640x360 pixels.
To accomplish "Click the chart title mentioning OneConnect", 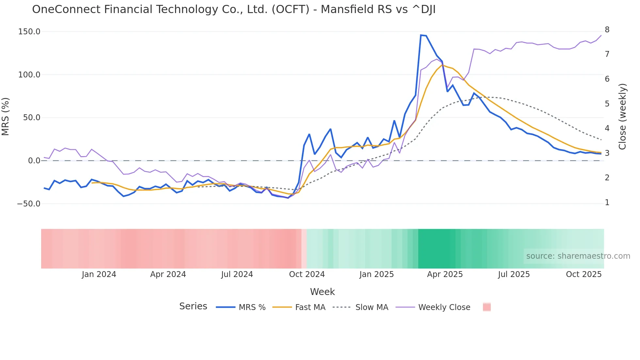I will click(x=234, y=9).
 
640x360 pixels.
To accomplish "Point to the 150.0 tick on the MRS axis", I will click(x=29, y=32).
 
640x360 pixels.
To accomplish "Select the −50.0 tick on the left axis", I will click(x=29, y=204).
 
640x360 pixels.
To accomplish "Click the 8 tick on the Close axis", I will click(x=607, y=30).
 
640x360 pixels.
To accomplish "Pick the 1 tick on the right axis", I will click(x=607, y=203).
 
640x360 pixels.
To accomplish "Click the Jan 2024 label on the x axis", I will click(x=99, y=274).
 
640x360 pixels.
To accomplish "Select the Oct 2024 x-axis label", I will click(x=307, y=274).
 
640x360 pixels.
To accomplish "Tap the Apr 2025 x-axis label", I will click(x=445, y=274).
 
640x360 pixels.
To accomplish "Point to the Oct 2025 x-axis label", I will click(x=584, y=274).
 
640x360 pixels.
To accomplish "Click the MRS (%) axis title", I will click(x=6, y=116).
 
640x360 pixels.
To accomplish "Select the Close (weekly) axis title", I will click(x=622, y=116).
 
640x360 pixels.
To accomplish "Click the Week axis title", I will click(x=322, y=292).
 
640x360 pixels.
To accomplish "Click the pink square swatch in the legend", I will click(x=487, y=307).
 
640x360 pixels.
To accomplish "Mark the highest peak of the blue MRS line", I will click(x=421, y=35).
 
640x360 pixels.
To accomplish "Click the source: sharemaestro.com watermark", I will click(x=578, y=256).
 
